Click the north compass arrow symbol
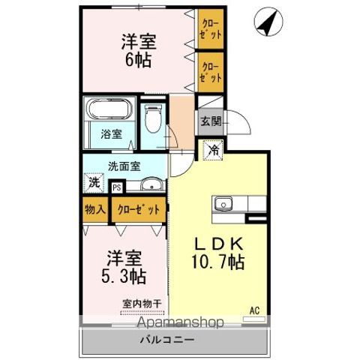268,22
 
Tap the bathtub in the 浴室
109,109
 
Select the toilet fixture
153,118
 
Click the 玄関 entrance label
211,121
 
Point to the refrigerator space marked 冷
213,150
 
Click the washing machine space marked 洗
94,183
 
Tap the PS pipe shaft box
116,187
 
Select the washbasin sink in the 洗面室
151,184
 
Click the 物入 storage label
95,209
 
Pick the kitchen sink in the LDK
223,204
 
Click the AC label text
254,310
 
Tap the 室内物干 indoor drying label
142,304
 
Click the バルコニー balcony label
167,340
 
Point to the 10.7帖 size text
217,262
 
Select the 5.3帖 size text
124,275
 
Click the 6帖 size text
138,60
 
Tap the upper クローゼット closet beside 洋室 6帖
211,29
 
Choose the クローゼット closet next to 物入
139,209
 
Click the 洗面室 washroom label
124,166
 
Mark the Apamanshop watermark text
180,322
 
